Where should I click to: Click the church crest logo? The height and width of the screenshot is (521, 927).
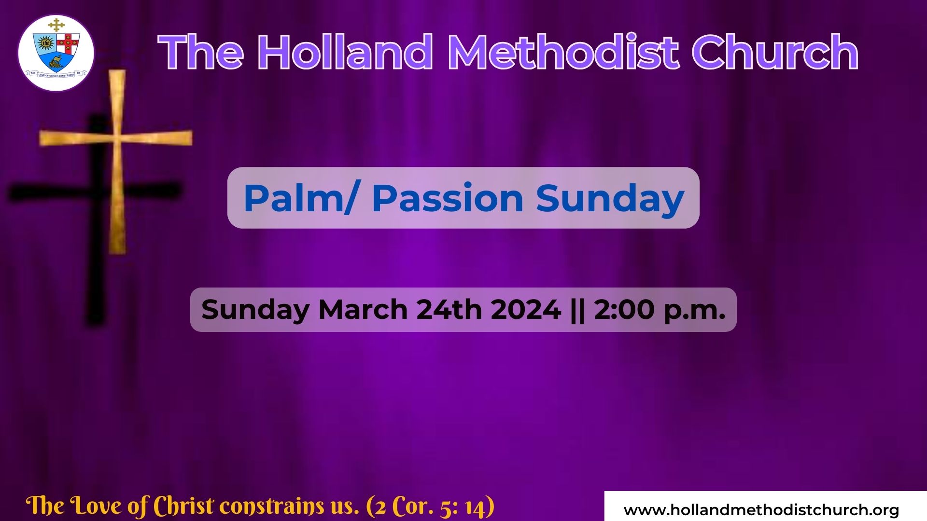click(56, 53)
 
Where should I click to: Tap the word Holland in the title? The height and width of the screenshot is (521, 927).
click(345, 52)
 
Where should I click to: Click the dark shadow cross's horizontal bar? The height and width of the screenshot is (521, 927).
click(95, 192)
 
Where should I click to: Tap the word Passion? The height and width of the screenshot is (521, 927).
click(448, 198)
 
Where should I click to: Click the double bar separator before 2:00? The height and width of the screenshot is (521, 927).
click(577, 309)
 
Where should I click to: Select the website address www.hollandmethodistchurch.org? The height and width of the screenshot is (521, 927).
click(761, 510)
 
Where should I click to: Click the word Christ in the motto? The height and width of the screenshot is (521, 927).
click(183, 506)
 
